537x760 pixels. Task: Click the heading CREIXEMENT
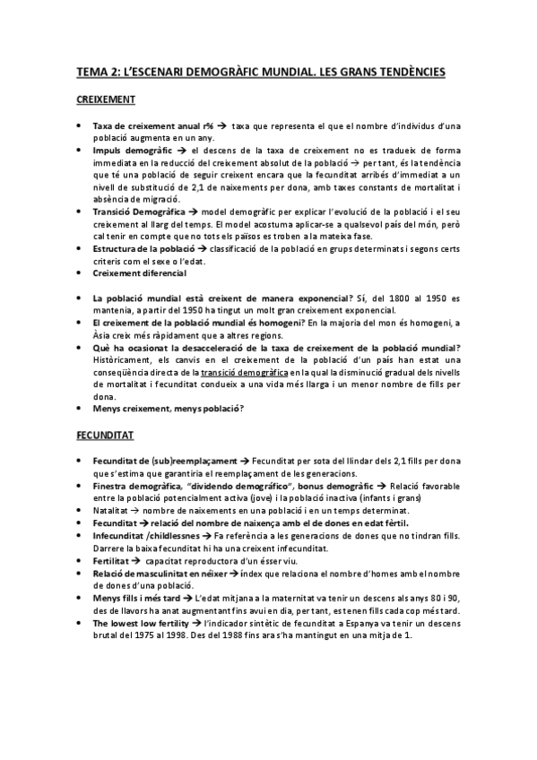(x=106, y=99)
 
